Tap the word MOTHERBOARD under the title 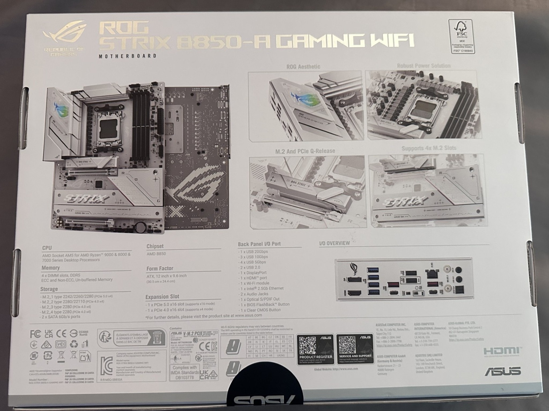click(x=128, y=56)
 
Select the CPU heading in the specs click(x=47, y=248)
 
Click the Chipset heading click(x=155, y=246)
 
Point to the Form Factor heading click(x=160, y=268)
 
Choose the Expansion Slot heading click(x=162, y=296)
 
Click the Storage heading click(x=49, y=289)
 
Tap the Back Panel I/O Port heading click(x=259, y=244)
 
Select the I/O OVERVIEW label click(x=334, y=243)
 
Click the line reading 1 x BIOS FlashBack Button click(x=264, y=304)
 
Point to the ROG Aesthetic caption click(x=303, y=67)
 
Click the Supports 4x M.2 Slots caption click(x=429, y=148)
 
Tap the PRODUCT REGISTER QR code click(x=307, y=344)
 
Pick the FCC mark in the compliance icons click(x=35, y=334)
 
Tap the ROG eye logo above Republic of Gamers click(x=64, y=35)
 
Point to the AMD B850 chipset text click(x=156, y=254)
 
